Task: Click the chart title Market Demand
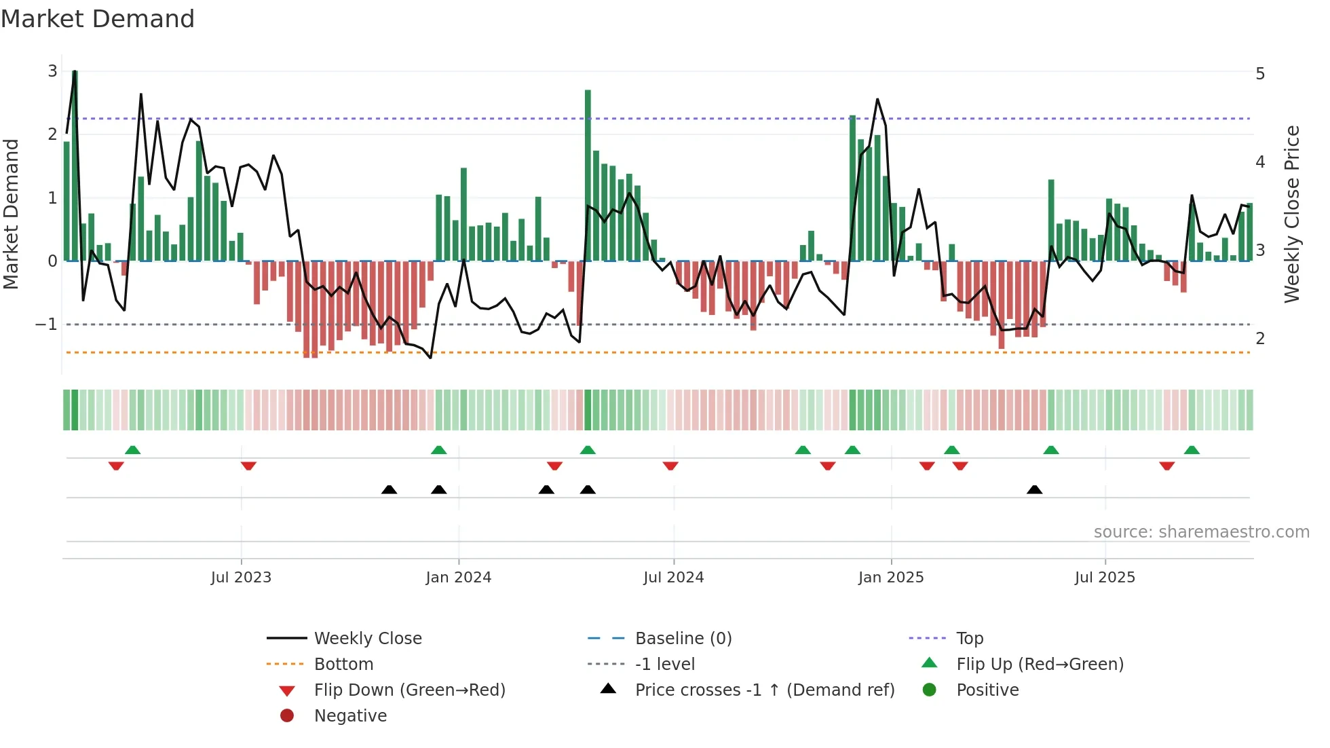[98, 18]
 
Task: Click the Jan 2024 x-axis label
[458, 578]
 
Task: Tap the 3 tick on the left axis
[52, 71]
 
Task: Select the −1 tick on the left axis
[46, 324]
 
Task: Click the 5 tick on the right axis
[1260, 73]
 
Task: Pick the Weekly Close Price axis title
[1291, 214]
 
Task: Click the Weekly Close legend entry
[367, 639]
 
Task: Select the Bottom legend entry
[343, 665]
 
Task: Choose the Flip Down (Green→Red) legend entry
[409, 690]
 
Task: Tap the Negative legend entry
[350, 716]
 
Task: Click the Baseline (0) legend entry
[683, 639]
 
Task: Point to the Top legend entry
[970, 639]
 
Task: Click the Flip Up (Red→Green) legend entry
[1040, 665]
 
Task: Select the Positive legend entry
[987, 690]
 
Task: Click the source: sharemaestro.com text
[1201, 532]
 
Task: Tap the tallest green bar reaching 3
[75, 163]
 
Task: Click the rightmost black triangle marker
[1034, 489]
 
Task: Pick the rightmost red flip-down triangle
[1166, 466]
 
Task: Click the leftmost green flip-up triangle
[132, 450]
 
